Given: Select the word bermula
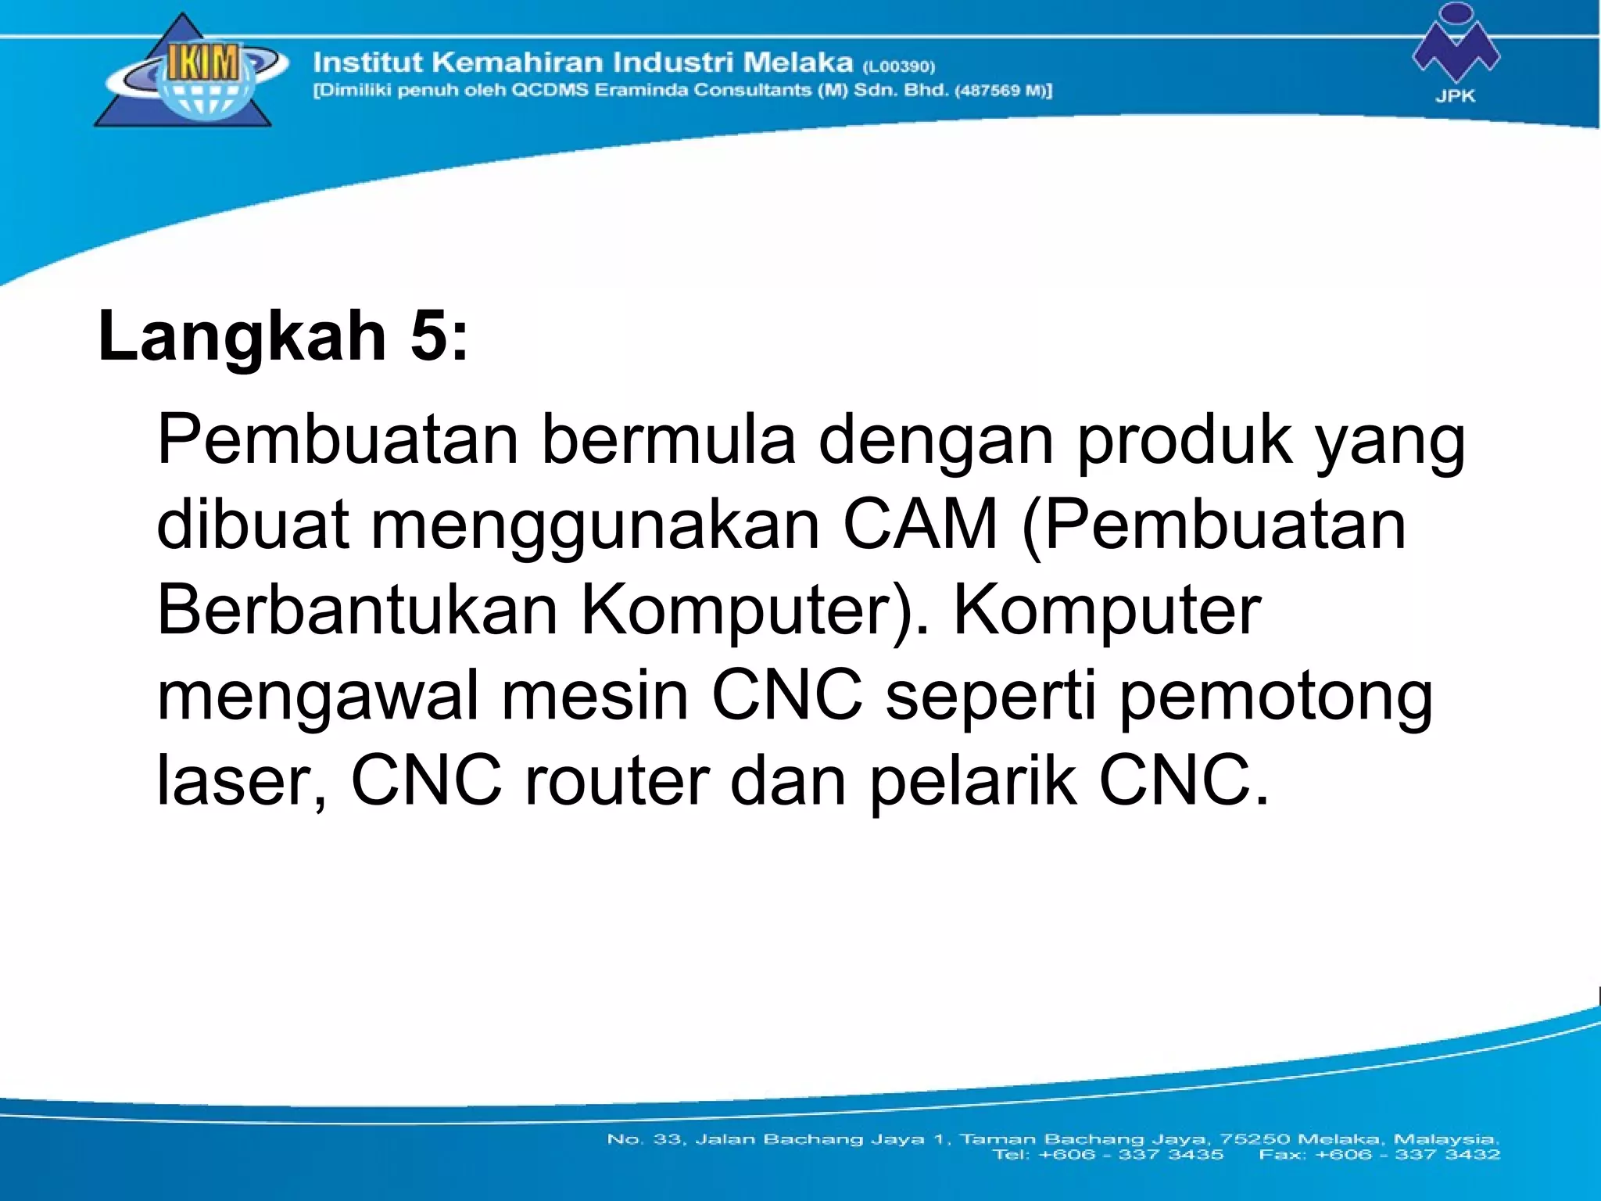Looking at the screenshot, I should (x=668, y=440).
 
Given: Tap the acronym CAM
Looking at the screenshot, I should (x=921, y=525).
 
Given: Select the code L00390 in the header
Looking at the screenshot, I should (x=899, y=66).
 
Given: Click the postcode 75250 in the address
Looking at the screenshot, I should (x=1251, y=1138).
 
